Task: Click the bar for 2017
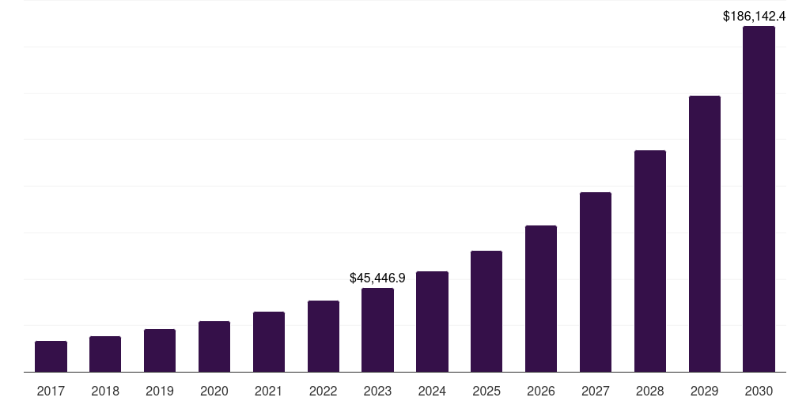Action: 51,357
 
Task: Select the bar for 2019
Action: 160,350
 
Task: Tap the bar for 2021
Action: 269,342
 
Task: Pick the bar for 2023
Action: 377,330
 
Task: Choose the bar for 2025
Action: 486,312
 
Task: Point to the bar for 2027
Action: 596,282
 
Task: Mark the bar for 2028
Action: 650,261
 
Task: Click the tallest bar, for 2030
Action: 759,199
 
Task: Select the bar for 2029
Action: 705,234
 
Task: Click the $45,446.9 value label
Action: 377,278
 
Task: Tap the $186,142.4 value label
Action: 754,16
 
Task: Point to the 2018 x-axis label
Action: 105,391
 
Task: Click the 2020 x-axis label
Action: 214,391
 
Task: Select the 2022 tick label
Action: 324,391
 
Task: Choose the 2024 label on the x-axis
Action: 432,391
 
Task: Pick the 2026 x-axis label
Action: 541,391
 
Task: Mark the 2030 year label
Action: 759,391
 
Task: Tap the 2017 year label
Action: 51,391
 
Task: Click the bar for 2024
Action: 432,322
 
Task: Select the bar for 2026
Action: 541,299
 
